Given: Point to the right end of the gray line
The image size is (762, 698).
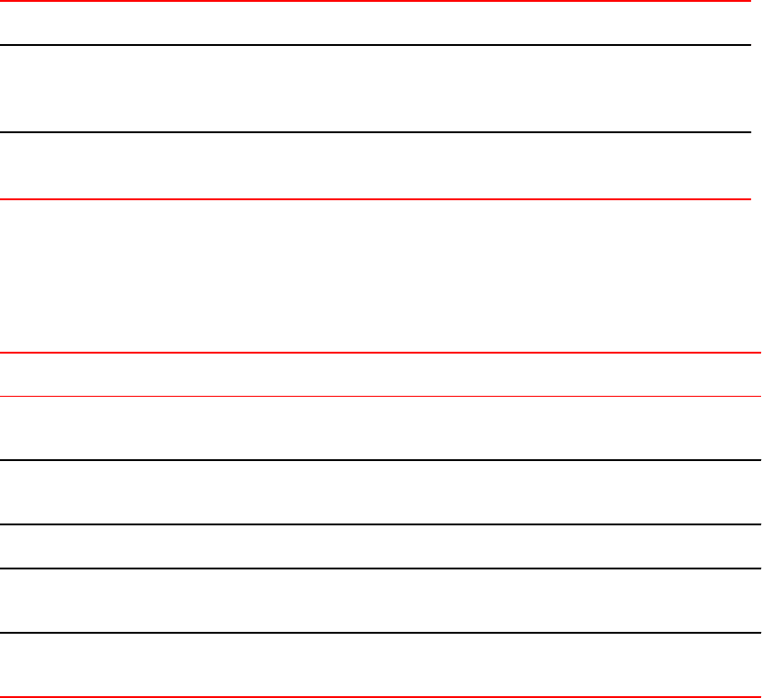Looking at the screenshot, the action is (758, 396).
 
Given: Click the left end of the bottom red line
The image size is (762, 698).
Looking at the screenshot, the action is (3, 696).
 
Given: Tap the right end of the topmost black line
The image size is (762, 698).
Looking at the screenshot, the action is (748, 45).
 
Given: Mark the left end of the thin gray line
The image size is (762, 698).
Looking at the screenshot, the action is (3, 396).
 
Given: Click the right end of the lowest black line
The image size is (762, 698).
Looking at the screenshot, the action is (758, 633).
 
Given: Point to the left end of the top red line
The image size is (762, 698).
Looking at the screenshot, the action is (3, 2).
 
